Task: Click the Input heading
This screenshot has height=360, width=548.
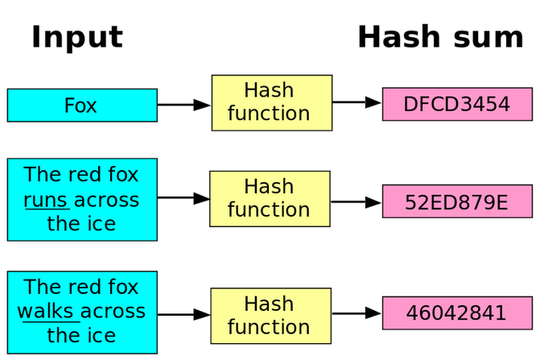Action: pos(77,38)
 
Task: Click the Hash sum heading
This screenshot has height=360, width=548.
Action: pos(441,37)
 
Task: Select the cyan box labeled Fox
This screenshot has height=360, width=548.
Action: pos(82,106)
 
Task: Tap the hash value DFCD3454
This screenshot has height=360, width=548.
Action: pos(457,104)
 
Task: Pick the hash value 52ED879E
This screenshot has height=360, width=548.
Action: pos(457,201)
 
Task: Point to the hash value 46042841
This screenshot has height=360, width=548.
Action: pos(457,313)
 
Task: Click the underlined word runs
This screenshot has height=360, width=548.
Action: pos(46,201)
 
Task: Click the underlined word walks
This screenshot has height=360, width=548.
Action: pos(45,312)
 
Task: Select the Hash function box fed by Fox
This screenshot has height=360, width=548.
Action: pos(271,103)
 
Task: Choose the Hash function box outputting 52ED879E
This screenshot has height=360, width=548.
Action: pos(270,199)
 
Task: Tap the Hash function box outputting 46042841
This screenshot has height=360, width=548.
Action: pos(271,316)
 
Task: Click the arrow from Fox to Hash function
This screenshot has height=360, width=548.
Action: pos(184,105)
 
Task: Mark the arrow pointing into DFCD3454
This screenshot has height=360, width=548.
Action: pos(356,102)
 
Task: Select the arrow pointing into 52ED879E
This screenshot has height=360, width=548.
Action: pos(356,202)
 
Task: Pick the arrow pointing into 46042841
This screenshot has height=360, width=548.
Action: pos(356,313)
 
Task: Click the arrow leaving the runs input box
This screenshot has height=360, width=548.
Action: pos(183,198)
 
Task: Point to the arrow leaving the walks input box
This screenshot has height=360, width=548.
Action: pos(184,315)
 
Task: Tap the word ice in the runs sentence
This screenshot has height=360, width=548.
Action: pos(101,224)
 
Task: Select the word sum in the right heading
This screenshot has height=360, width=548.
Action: pos(488,39)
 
